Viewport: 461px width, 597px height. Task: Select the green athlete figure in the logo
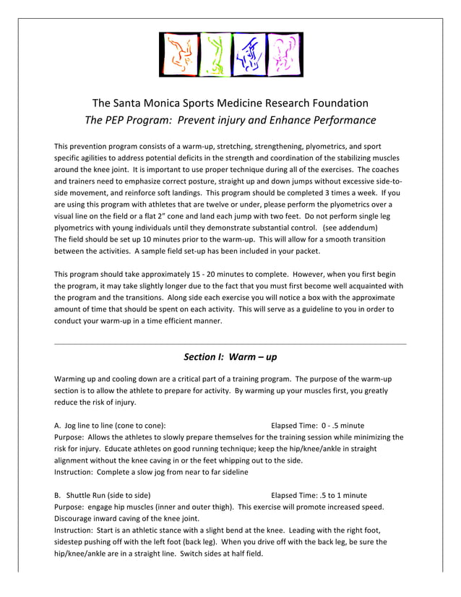(x=213, y=54)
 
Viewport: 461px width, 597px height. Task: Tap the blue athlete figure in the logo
(x=248, y=54)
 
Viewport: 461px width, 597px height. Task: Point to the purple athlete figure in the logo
(x=283, y=54)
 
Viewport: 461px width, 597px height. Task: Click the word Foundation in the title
(x=337, y=103)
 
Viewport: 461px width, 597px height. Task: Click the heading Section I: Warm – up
(x=231, y=357)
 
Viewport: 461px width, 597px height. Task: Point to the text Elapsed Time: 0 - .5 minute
(x=317, y=426)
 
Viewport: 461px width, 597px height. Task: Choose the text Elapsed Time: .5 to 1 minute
(x=319, y=495)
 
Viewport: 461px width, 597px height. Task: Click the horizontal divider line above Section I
(x=231, y=343)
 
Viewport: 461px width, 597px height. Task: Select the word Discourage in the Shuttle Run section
(x=77, y=518)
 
